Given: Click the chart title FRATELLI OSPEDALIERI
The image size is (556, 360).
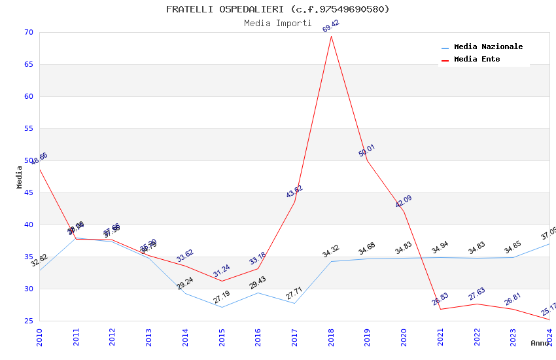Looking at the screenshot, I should [277, 9].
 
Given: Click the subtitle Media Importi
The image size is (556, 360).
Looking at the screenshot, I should [277, 23].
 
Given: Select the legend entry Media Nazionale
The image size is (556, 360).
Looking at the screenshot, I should [488, 47].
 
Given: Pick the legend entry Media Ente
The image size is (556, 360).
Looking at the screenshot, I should [477, 60].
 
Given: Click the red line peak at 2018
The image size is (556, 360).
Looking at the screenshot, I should [331, 36].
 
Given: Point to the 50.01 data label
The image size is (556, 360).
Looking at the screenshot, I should [367, 151].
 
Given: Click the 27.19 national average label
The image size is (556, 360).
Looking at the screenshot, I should [222, 297].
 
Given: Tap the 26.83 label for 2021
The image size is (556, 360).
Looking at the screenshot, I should [440, 299].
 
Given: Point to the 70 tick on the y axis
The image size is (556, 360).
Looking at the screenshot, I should [27, 33].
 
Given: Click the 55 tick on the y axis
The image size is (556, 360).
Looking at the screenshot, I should [27, 129].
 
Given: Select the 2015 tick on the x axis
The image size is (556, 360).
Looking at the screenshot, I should [222, 337].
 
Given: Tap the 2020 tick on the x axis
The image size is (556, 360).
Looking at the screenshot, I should [404, 337].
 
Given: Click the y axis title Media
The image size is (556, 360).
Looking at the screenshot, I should [20, 177].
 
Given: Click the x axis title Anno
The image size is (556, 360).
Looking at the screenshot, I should [540, 343].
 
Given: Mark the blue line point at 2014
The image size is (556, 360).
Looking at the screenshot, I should [185, 293].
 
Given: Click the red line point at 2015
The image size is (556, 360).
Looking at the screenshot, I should [222, 281].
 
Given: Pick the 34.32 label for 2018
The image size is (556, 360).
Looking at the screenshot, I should [331, 251].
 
